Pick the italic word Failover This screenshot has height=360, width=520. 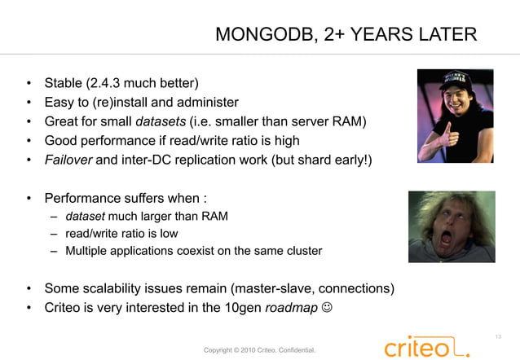(x=68, y=160)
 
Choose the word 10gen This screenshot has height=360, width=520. (x=244, y=308)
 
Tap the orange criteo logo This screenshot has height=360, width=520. (x=426, y=348)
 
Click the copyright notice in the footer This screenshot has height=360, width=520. (x=259, y=350)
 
